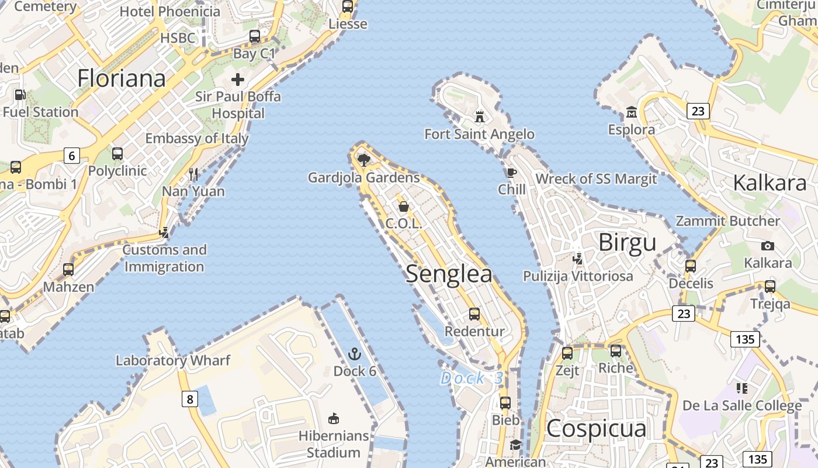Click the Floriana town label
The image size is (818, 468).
(x=122, y=78)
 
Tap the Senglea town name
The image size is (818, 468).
(x=449, y=274)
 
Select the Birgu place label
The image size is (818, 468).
(x=628, y=242)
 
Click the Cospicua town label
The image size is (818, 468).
(x=597, y=429)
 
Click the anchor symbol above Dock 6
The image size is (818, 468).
(x=354, y=353)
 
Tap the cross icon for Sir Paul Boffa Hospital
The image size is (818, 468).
(x=238, y=79)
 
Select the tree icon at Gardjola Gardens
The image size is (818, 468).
(x=364, y=159)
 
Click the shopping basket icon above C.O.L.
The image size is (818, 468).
(x=403, y=206)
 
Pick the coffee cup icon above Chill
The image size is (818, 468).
(x=512, y=172)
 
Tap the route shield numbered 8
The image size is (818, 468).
(x=189, y=400)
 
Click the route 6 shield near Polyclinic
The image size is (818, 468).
(x=71, y=156)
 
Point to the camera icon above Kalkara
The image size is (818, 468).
(x=768, y=246)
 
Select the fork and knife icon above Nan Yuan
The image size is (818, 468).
(x=193, y=174)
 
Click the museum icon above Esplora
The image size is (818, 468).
(x=631, y=112)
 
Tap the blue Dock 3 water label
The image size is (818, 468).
(x=472, y=378)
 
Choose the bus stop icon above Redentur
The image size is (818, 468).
(x=474, y=314)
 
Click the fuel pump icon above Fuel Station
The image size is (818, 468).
(x=20, y=94)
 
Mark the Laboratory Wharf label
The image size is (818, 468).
(x=173, y=360)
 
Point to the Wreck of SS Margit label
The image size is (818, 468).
(x=596, y=179)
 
